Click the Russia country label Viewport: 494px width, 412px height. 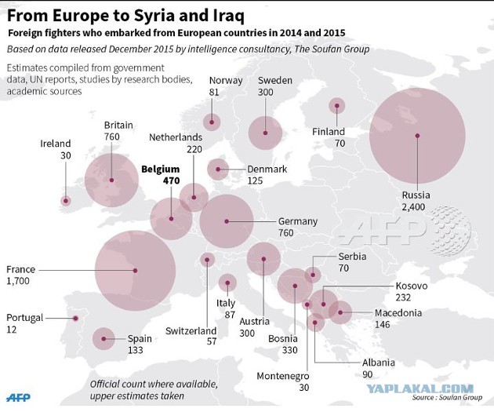point(416,195)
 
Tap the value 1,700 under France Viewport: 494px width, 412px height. point(18,281)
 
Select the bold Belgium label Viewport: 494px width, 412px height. point(161,170)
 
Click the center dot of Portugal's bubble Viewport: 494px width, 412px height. point(75,319)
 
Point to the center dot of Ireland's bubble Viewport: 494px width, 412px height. point(66,200)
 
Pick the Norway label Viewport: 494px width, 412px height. point(226,81)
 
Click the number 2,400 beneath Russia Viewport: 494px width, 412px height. point(413,207)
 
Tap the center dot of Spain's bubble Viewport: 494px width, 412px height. point(104,338)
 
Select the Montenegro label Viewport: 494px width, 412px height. point(283,376)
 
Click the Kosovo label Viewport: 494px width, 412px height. point(412,286)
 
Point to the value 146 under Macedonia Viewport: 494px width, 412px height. point(383,324)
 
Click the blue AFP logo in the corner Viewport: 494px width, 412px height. point(19,398)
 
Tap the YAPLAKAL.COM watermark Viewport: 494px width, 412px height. point(420,388)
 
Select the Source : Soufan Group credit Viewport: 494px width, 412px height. point(447,397)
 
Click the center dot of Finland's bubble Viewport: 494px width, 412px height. point(337,106)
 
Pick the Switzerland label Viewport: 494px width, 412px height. point(191,331)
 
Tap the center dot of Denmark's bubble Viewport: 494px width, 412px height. point(218,170)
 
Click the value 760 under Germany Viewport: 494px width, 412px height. point(285,233)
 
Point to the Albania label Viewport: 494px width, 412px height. point(379,363)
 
